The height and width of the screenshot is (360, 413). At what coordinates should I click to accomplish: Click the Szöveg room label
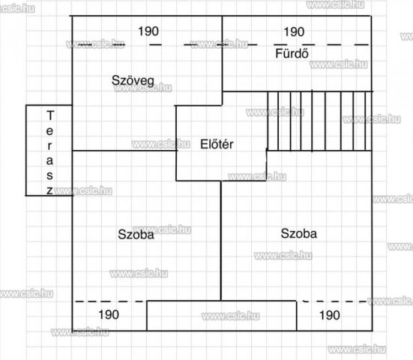(133, 81)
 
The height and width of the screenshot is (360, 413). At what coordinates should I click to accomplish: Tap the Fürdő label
(292, 53)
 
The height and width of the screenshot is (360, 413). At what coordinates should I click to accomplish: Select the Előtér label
(217, 144)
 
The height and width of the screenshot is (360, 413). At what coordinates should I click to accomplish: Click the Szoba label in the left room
(136, 234)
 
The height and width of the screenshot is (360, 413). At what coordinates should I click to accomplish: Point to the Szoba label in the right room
(298, 233)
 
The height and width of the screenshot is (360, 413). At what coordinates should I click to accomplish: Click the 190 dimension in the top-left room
(148, 31)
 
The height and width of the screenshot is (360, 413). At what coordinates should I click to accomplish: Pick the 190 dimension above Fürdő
(294, 32)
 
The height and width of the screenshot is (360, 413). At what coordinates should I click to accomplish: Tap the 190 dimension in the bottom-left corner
(109, 315)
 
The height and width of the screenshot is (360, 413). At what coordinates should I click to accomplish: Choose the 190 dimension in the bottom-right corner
(330, 315)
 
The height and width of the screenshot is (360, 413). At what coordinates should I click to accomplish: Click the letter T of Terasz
(50, 115)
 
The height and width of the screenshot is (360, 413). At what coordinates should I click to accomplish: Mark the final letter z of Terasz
(49, 190)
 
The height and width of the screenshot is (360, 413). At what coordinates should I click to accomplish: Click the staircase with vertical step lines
(319, 121)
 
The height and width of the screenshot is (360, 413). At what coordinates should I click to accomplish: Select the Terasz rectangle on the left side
(25, 150)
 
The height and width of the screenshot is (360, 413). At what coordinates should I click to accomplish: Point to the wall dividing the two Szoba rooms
(220, 241)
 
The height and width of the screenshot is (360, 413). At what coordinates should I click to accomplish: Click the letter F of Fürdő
(279, 54)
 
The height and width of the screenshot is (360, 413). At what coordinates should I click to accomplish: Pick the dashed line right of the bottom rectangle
(334, 301)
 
